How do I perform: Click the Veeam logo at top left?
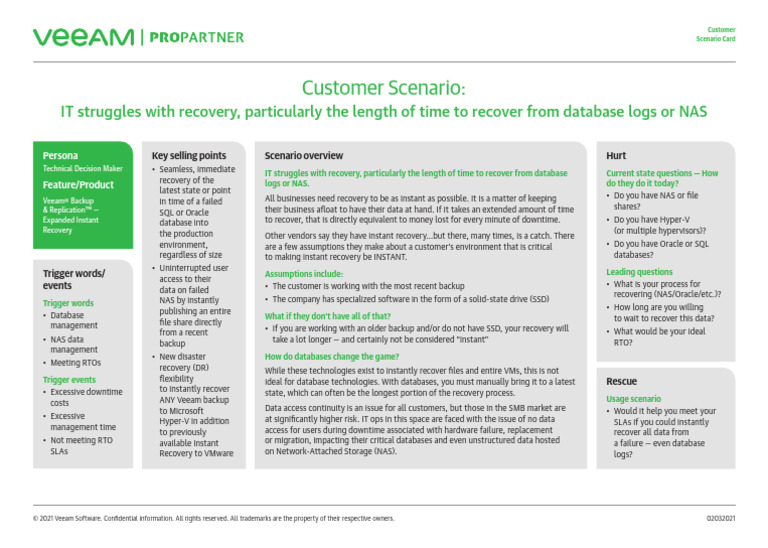click(83, 38)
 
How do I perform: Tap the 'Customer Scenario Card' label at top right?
click(716, 34)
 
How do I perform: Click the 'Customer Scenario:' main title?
click(383, 88)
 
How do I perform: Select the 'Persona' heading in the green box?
click(60, 156)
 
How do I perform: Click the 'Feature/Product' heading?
click(78, 185)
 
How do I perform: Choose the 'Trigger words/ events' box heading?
click(73, 279)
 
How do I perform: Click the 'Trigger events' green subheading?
click(68, 380)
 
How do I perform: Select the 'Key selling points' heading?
click(188, 156)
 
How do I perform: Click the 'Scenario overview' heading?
click(303, 156)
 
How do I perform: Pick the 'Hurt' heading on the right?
click(616, 156)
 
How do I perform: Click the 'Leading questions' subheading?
click(639, 271)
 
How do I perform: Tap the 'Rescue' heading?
click(621, 382)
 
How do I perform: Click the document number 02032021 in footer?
click(720, 519)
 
